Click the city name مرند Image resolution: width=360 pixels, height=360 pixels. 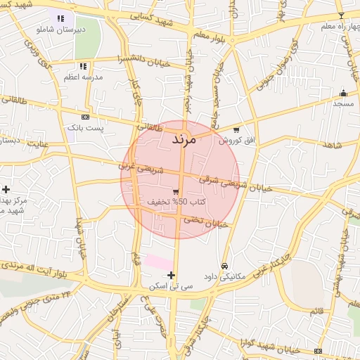[187, 139]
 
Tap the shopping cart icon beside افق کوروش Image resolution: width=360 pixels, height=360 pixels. [236, 129]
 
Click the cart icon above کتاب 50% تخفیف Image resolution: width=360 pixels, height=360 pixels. [175, 191]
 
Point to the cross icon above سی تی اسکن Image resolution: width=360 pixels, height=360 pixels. [171, 274]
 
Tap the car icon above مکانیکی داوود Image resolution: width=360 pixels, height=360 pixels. [224, 266]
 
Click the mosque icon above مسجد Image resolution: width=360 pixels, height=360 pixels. [343, 93]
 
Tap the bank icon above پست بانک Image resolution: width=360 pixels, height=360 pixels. [85, 117]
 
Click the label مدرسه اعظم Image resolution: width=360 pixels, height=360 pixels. [84, 76]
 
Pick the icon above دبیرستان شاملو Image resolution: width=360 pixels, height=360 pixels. [60, 18]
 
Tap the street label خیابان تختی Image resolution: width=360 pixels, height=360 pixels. [206, 222]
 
